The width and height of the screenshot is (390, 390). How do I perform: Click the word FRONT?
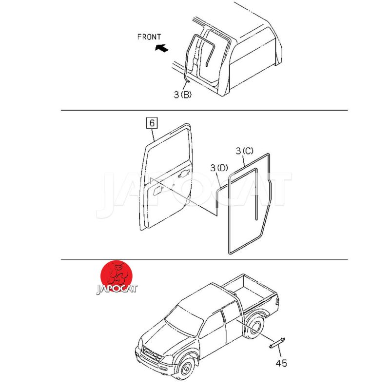(x=149, y=37)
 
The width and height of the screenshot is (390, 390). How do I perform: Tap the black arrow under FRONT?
(x=162, y=47)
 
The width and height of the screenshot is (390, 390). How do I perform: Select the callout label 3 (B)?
(x=182, y=95)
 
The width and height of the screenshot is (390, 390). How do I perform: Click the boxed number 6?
(x=152, y=123)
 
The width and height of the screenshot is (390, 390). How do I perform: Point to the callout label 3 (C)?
(x=245, y=151)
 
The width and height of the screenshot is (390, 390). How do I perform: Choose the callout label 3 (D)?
(x=219, y=168)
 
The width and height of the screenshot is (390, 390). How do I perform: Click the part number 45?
(x=281, y=363)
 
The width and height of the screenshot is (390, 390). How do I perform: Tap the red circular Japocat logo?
(x=117, y=276)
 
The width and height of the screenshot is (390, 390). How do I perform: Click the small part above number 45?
(x=277, y=342)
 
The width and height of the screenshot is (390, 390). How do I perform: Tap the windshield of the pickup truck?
(x=184, y=320)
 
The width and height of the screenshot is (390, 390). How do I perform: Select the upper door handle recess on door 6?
(x=184, y=173)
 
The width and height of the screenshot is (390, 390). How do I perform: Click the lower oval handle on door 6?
(x=157, y=191)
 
